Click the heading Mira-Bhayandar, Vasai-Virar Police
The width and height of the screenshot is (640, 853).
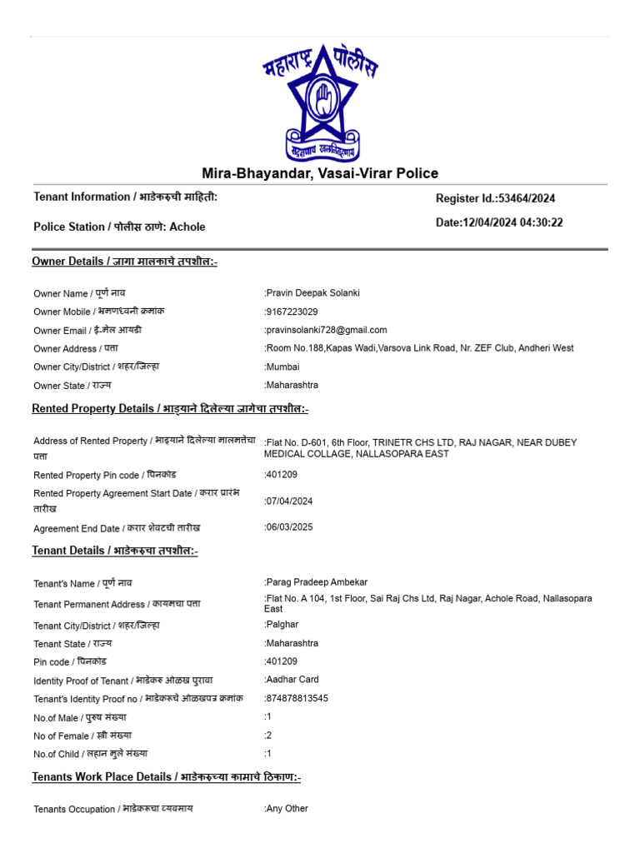click(x=320, y=173)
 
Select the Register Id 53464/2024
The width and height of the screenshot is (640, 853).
click(x=495, y=198)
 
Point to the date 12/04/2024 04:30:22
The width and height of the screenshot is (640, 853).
click(x=499, y=222)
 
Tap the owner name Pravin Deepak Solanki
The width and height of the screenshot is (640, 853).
click(x=312, y=292)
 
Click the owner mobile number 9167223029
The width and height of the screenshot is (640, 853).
click(x=292, y=312)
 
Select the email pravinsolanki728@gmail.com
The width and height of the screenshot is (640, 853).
click(x=326, y=330)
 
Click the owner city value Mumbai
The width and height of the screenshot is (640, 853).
click(x=282, y=367)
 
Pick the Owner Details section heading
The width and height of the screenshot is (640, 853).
click(x=124, y=262)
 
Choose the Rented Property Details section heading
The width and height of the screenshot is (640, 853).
click(x=170, y=408)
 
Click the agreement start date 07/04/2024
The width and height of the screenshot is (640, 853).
click(x=291, y=501)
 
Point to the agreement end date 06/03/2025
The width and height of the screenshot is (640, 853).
click(x=291, y=527)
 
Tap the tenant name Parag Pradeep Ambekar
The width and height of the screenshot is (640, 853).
click(x=316, y=581)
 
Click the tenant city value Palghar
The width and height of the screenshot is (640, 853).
click(x=282, y=624)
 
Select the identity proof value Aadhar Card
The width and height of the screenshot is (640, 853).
click(x=292, y=679)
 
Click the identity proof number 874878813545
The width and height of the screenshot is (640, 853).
click(x=297, y=698)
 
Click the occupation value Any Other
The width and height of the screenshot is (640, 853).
click(x=287, y=808)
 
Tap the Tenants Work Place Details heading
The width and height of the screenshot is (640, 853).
click(x=166, y=777)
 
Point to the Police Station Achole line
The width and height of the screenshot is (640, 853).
click(x=119, y=227)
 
